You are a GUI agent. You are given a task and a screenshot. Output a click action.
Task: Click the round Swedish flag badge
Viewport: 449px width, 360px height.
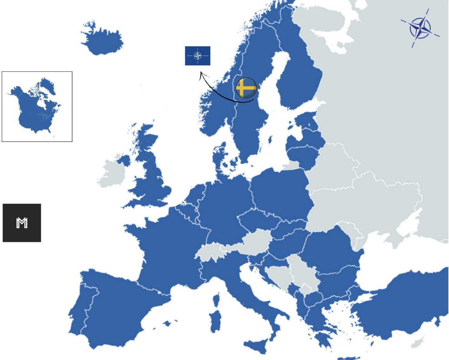[246, 88]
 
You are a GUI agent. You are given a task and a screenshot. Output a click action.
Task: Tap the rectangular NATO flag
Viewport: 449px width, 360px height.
[198, 56]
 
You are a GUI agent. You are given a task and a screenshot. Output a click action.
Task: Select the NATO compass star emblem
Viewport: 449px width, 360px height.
[420, 28]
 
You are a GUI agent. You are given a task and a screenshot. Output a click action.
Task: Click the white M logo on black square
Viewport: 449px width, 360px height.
[22, 223]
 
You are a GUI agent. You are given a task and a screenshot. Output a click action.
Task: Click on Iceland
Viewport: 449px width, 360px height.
[103, 40]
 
